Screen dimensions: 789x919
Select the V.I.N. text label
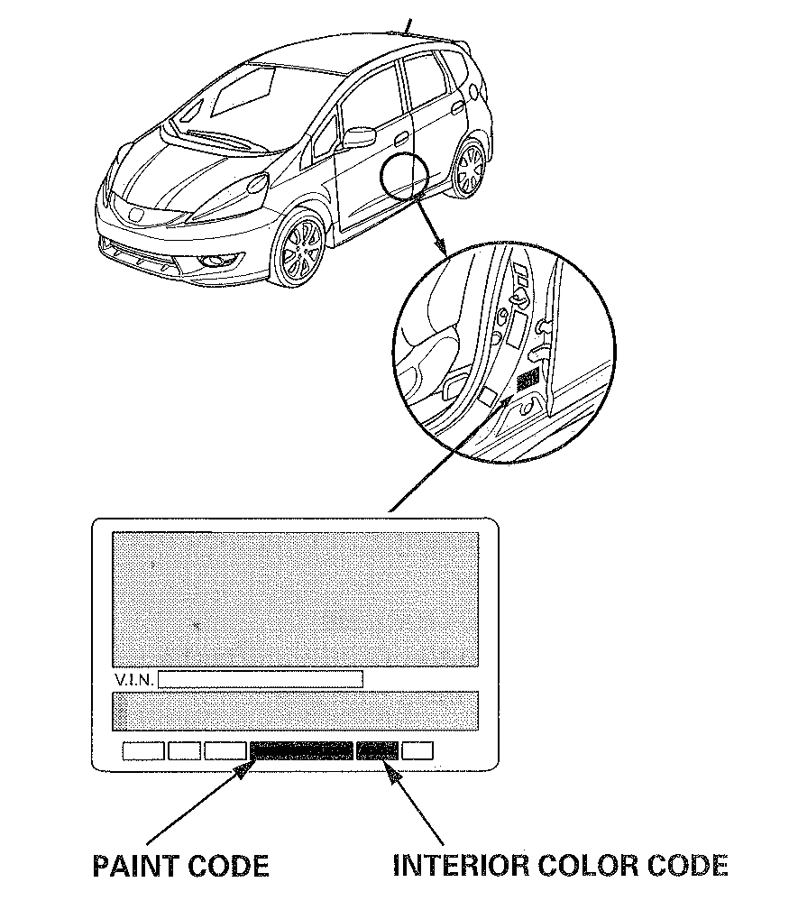pos(134,680)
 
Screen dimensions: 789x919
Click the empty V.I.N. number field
pos(261,679)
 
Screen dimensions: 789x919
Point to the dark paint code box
pos(301,750)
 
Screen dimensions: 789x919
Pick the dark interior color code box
pos(377,750)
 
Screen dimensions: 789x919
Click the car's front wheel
pos(301,249)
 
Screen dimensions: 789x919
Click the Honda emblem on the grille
pos(137,215)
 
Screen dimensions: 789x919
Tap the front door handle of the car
pos(401,138)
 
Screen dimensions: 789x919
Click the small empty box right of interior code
pos(417,750)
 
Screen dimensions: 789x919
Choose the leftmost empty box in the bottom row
pos(143,750)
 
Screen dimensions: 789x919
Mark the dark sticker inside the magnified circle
pos(528,381)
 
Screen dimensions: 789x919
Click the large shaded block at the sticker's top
pos(296,599)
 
